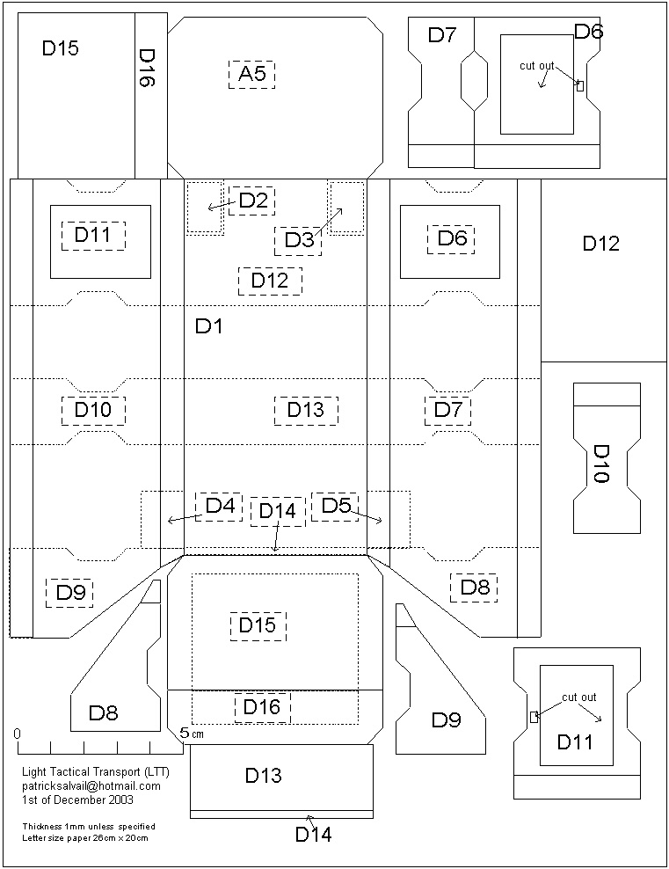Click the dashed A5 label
251,74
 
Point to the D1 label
209,327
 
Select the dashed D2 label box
251,201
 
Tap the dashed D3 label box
298,240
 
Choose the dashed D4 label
219,507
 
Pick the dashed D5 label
335,506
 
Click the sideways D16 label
147,67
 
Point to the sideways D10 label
601,463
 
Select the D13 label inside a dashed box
305,410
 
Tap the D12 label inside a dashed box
270,281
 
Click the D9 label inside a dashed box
69,593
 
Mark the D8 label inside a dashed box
474,588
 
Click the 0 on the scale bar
17,734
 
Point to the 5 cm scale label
191,733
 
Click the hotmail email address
91,786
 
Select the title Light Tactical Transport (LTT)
96,772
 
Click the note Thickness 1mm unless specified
89,827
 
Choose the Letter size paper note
88,838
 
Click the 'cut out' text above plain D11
579,697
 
